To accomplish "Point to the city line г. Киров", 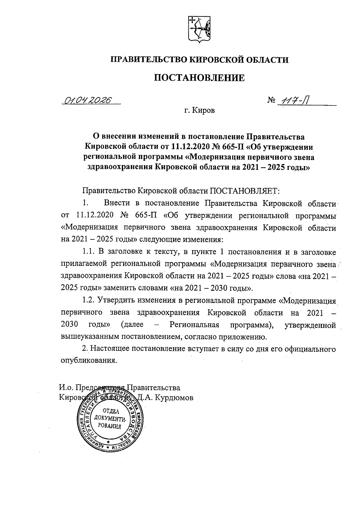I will [x=199, y=111].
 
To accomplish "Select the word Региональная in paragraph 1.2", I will [x=194, y=325].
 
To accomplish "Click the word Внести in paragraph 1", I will [x=117, y=203].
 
